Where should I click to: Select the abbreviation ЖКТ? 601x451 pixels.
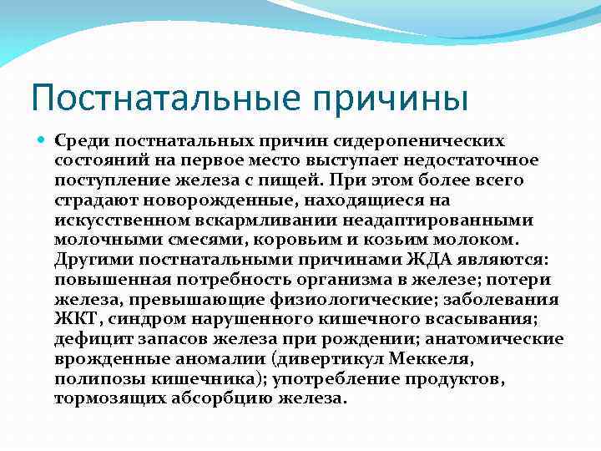click(76, 319)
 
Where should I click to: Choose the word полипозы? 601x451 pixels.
click(94, 378)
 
